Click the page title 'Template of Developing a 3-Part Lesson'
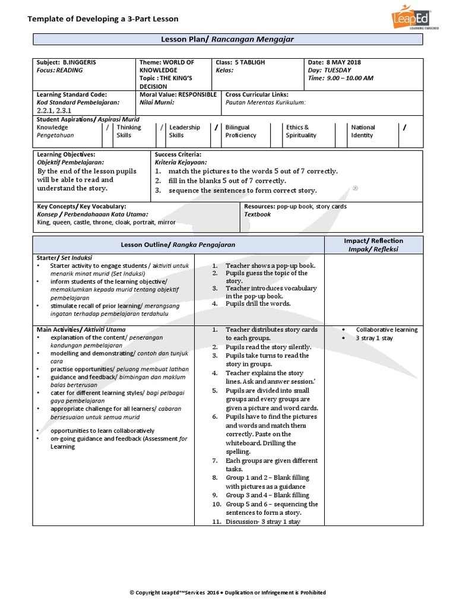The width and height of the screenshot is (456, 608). (x=103, y=19)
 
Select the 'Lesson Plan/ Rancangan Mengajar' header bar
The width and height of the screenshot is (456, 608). (x=228, y=39)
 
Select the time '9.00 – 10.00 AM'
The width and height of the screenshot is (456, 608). (x=350, y=78)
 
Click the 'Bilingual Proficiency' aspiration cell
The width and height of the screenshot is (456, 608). (x=241, y=131)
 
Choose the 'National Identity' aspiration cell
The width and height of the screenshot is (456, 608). (x=363, y=131)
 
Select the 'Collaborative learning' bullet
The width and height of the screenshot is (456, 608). (x=387, y=330)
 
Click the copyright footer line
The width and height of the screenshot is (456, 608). (x=228, y=593)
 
